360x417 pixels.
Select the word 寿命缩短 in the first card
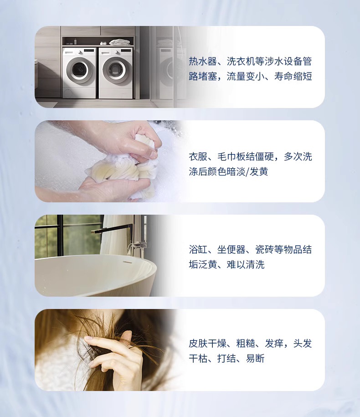pyautogui.click(x=293, y=76)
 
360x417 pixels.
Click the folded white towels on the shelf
pyautogui.click(x=120, y=42)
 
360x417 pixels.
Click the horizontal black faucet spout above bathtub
pyautogui.click(x=111, y=228)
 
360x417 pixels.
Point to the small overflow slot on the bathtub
pyautogui.click(x=127, y=262)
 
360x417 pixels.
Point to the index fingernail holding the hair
pyautogui.click(x=88, y=338)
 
